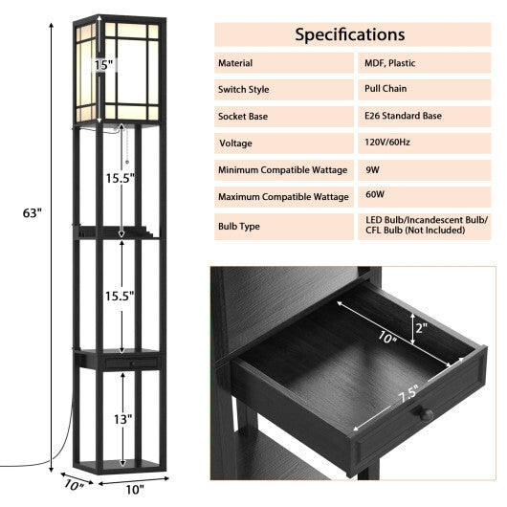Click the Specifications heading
[x=349, y=34]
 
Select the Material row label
[x=235, y=63]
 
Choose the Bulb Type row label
[x=238, y=227]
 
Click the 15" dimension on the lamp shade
[x=103, y=65]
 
